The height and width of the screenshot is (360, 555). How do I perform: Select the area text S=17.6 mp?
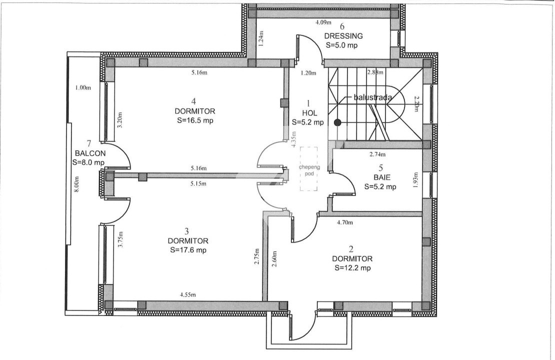click(188, 250)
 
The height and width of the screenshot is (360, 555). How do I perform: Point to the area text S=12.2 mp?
click(352, 268)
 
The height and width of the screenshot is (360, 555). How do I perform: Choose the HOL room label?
click(307, 113)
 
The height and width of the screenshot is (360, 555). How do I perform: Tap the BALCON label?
click(88, 153)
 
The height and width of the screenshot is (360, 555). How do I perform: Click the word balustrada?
click(372, 97)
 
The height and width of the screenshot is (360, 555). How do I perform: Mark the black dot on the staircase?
click(338, 122)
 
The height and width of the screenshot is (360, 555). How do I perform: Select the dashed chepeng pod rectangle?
click(309, 168)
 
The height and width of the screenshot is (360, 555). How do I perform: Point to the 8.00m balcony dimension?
click(76, 187)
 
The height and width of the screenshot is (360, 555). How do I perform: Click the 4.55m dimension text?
click(188, 295)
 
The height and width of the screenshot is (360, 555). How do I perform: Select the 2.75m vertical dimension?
click(256, 259)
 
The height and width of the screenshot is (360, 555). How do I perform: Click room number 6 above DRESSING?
click(342, 26)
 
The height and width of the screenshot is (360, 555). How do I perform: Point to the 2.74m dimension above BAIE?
click(377, 154)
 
